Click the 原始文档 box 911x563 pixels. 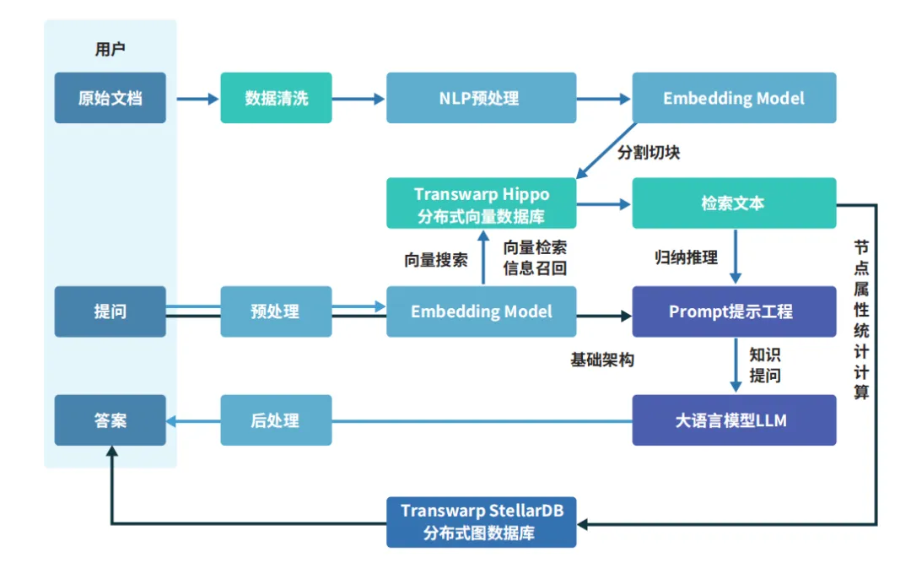[111, 98]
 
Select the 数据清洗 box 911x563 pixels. [276, 98]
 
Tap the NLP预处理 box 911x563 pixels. [481, 98]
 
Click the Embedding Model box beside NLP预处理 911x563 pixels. [734, 98]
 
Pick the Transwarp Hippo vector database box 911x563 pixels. [481, 203]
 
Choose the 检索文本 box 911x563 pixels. [734, 203]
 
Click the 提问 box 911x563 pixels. [111, 311]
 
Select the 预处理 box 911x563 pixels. [276, 311]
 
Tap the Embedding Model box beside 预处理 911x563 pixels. [481, 311]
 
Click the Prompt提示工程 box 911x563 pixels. [734, 311]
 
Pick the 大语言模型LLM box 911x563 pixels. [734, 420]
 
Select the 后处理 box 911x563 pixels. [276, 420]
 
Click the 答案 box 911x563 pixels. [111, 420]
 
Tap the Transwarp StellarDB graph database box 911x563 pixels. [481, 522]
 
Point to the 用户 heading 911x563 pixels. [111, 49]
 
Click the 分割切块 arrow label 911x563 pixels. [649, 153]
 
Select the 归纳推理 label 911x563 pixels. [686, 257]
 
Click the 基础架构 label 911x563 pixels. [602, 360]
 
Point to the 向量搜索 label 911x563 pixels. [436, 259]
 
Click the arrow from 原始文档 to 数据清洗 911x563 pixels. [197, 99]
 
